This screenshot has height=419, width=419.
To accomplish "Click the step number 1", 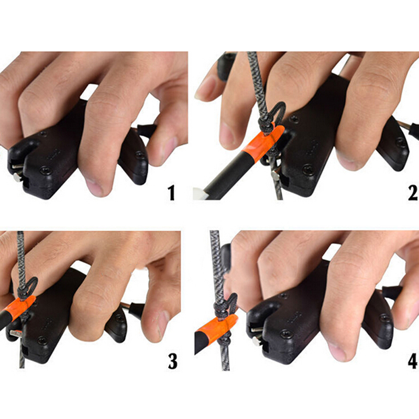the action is pyautogui.click(x=172, y=193).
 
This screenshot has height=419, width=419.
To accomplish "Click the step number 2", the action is pyautogui.click(x=413, y=193).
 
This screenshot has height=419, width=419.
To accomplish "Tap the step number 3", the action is pyautogui.click(x=173, y=361).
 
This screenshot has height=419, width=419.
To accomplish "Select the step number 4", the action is pyautogui.click(x=413, y=361).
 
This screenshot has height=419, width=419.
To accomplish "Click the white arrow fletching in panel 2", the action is pyautogui.click(x=201, y=193).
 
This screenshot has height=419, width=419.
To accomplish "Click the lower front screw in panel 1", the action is pyautogui.click(x=46, y=171).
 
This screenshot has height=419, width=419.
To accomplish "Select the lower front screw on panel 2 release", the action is pyautogui.click(x=308, y=169).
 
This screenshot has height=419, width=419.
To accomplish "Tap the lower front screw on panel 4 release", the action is pyautogui.click(x=286, y=334).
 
